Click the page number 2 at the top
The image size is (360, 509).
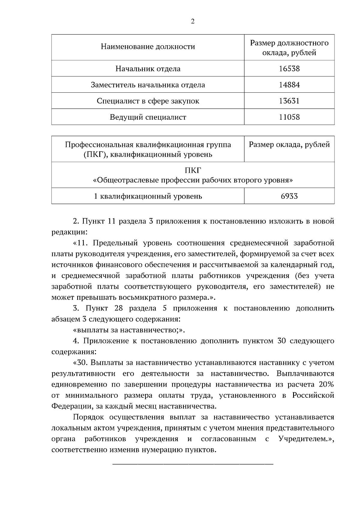(192, 22)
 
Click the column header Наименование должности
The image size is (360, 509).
(148, 47)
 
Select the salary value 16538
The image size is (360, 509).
(289, 69)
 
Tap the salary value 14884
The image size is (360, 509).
(289, 85)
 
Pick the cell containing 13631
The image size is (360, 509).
(289, 101)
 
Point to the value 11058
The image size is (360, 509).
(289, 117)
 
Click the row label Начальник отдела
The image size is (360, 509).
(148, 69)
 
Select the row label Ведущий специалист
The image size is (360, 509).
(148, 117)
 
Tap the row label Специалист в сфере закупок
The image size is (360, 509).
(148, 101)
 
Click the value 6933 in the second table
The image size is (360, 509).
(289, 196)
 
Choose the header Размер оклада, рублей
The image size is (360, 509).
(289, 145)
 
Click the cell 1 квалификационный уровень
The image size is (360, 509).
(148, 196)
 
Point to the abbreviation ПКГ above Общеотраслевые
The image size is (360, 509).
(193, 170)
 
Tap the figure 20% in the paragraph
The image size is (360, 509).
(326, 385)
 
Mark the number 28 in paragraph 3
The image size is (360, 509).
(119, 308)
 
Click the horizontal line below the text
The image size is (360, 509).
(193, 465)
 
